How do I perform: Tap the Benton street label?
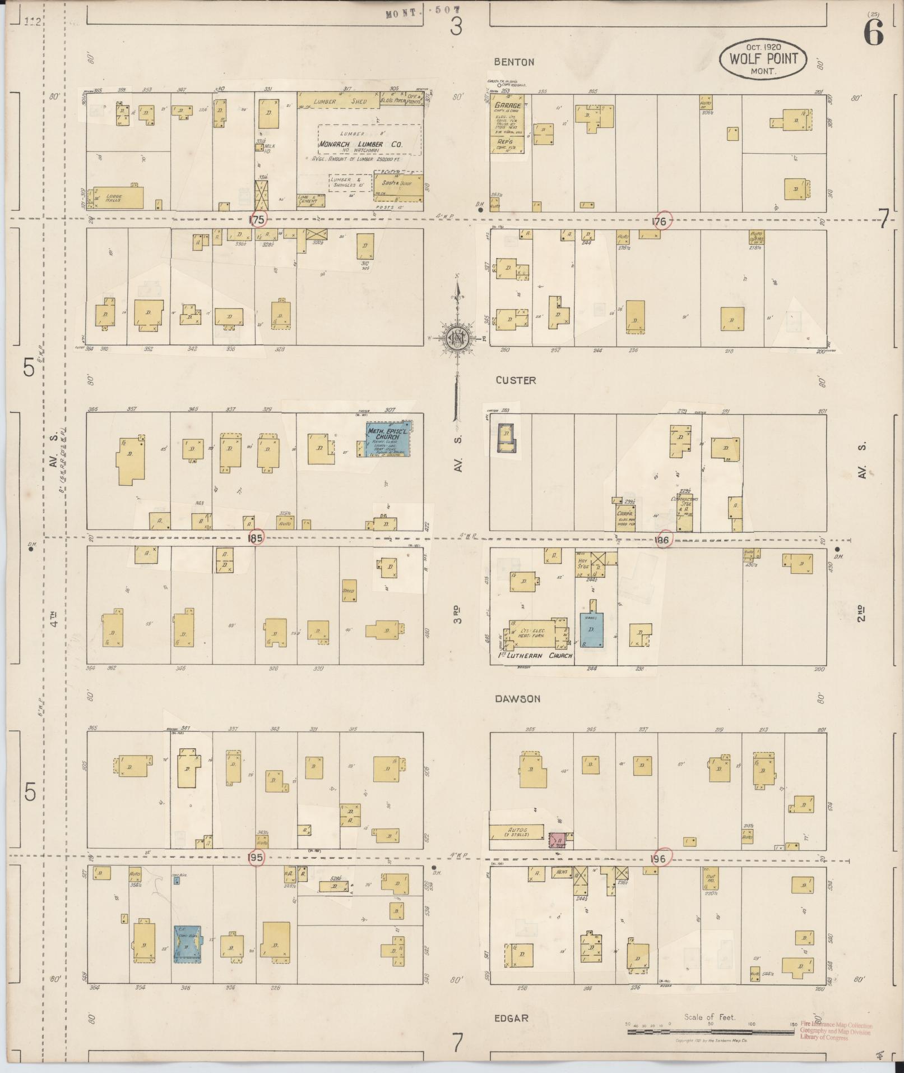514,62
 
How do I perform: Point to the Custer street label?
516,380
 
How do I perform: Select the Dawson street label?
517,699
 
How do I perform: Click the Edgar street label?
511,1018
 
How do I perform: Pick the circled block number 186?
663,539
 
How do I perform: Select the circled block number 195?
256,858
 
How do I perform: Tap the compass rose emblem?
457,338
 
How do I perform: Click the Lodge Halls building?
117,197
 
